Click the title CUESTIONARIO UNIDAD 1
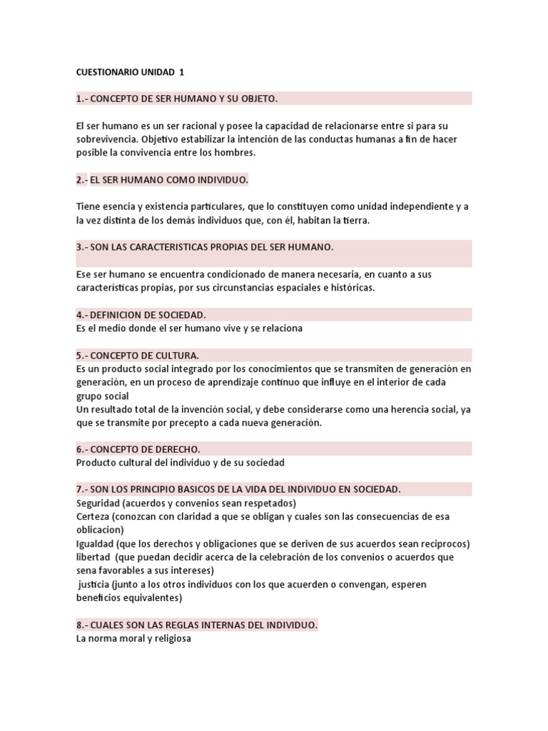[x=130, y=72]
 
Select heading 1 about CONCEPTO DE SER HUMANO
[x=176, y=98]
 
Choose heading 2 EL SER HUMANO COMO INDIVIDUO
[x=162, y=181]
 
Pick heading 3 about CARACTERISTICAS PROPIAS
[x=205, y=247]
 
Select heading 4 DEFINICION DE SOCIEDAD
[x=141, y=315]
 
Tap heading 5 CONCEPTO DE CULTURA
[x=137, y=355]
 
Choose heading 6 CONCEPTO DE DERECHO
[x=138, y=449]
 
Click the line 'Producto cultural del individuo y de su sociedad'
[x=180, y=463]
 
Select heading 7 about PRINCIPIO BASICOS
[x=238, y=489]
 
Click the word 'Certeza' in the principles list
[x=93, y=516]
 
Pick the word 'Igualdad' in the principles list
[x=96, y=543]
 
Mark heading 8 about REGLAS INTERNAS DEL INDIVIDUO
[x=197, y=625]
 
